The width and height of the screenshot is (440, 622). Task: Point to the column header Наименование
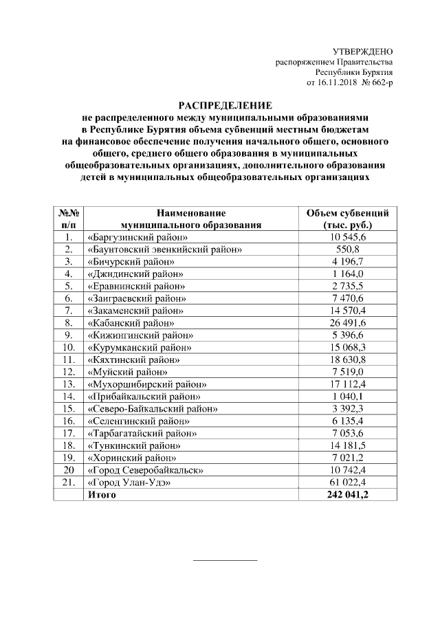191,213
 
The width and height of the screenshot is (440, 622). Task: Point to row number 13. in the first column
68,384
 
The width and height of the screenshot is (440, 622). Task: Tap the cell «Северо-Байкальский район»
153,408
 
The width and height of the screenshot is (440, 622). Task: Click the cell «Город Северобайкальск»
144,470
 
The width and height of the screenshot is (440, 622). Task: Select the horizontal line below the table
225,561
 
